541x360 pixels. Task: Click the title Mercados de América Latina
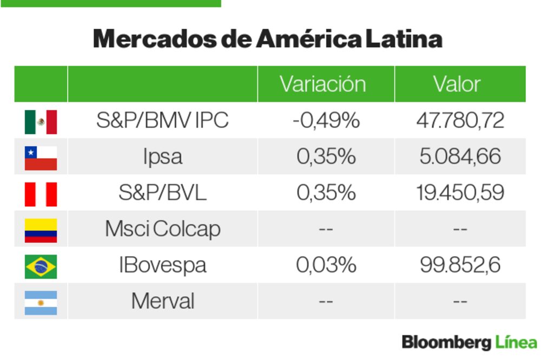coord(268,39)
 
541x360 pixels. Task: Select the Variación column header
coord(322,84)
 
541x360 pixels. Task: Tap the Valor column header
coord(457,84)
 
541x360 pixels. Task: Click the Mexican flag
coord(41,121)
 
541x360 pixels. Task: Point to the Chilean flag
coord(41,158)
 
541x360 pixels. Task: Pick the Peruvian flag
coord(41,194)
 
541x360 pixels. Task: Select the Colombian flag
coord(41,230)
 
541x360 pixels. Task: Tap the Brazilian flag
coord(41,266)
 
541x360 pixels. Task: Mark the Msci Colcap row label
coord(162,230)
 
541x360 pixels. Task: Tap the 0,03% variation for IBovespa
coord(326,265)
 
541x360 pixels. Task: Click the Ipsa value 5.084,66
coord(460,157)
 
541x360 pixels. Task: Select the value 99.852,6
coord(460,265)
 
